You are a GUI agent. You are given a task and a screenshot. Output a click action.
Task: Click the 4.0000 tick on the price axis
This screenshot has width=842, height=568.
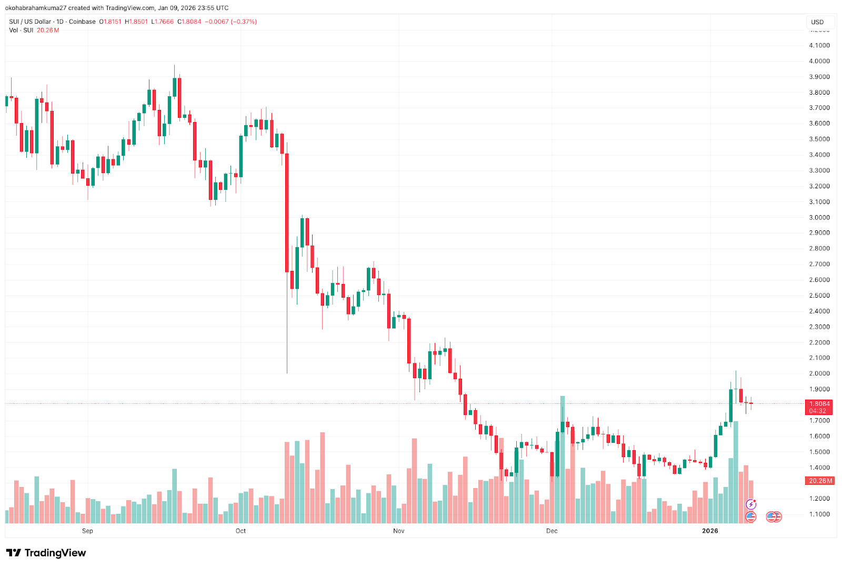tap(819, 61)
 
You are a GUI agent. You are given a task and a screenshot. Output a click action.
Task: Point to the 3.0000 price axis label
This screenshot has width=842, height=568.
tap(819, 217)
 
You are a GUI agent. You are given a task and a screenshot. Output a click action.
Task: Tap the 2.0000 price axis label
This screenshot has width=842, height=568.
tap(819, 373)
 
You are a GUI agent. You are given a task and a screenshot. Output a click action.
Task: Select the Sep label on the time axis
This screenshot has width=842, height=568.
tap(87, 531)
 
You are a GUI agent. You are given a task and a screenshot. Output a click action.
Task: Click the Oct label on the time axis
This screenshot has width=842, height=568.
tap(240, 531)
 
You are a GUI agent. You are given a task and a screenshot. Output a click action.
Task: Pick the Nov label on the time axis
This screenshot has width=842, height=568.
tap(398, 531)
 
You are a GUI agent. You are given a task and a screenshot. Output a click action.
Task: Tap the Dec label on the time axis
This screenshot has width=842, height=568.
tap(552, 531)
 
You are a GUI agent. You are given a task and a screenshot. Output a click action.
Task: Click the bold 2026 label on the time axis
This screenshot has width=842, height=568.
tap(710, 531)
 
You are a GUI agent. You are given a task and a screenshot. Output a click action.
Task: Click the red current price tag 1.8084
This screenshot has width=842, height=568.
tap(819, 404)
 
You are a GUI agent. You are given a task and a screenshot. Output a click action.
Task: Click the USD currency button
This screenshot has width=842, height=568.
tap(817, 22)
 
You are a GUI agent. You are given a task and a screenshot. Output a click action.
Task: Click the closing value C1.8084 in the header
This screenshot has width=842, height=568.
tap(189, 22)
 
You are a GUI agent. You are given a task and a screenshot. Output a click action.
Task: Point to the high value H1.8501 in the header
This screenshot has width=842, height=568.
tap(136, 22)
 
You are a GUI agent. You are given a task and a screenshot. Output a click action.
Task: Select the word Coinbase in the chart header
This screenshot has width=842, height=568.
tap(82, 22)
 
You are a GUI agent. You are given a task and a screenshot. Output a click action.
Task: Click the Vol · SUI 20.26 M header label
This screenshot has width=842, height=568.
tap(34, 31)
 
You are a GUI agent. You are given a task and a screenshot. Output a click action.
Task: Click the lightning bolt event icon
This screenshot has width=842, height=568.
tap(751, 505)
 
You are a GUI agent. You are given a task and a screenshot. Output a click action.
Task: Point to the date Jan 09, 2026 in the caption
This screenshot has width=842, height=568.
tap(176, 8)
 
